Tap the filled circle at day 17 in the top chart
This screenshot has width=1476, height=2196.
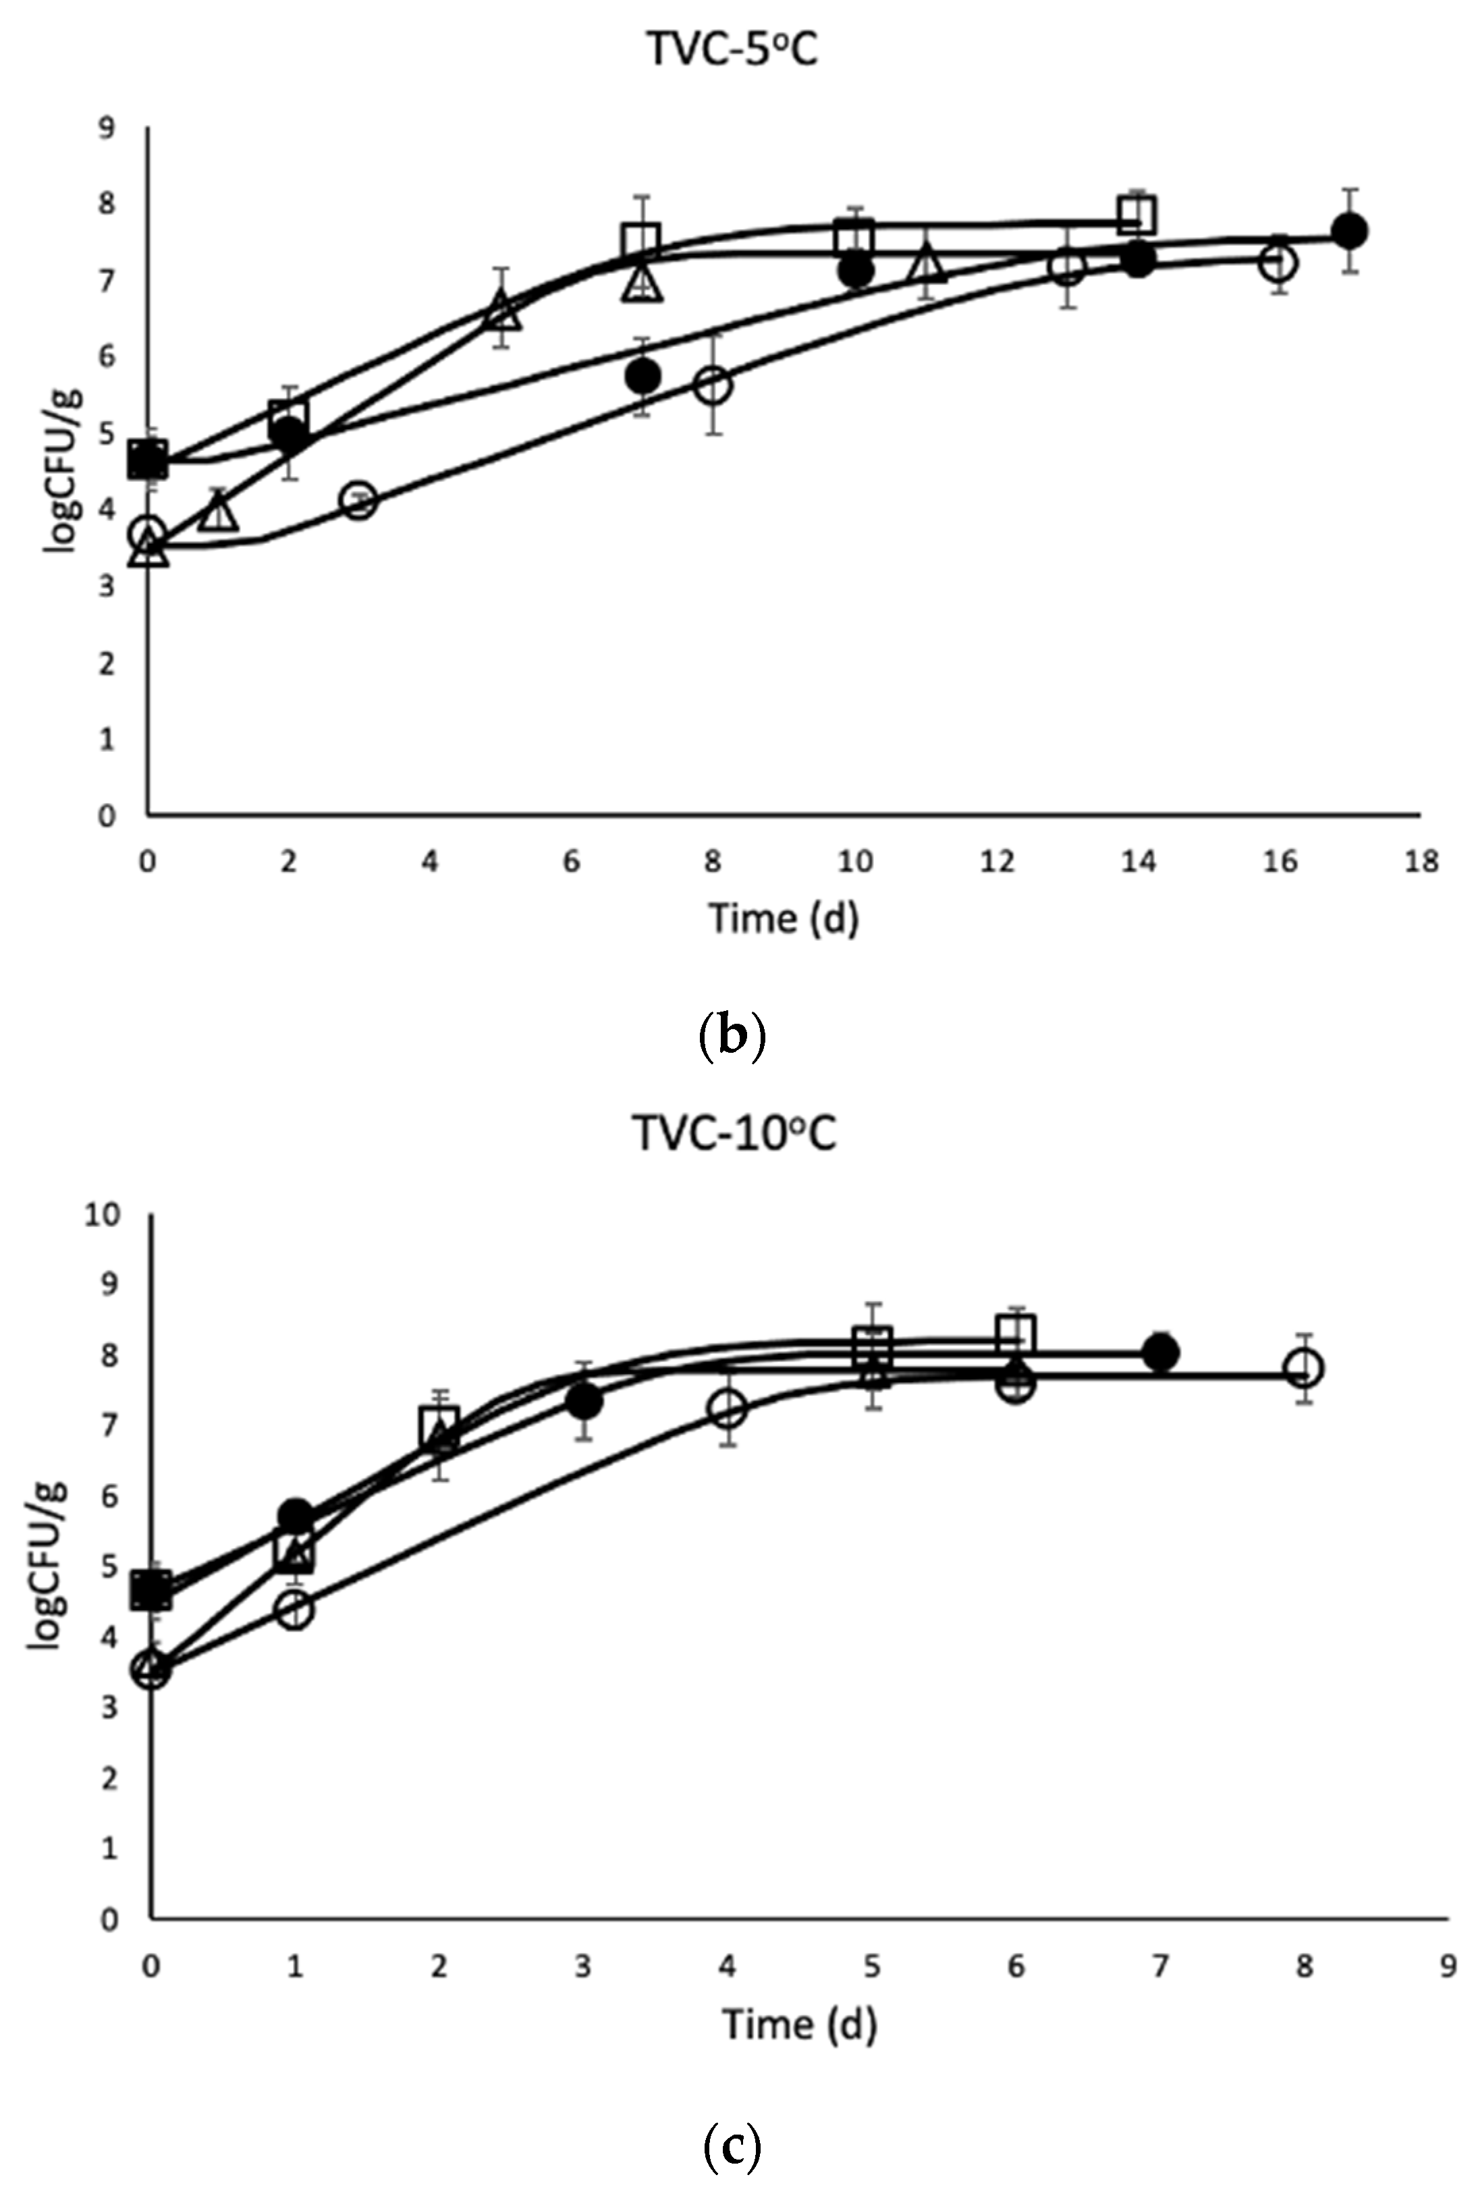tap(1350, 231)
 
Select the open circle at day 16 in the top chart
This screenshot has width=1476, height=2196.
tap(1278, 262)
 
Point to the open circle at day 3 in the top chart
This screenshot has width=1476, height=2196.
tap(360, 500)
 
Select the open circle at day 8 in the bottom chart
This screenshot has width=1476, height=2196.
tap(1304, 1368)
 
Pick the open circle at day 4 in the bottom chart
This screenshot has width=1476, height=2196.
tap(728, 1409)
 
